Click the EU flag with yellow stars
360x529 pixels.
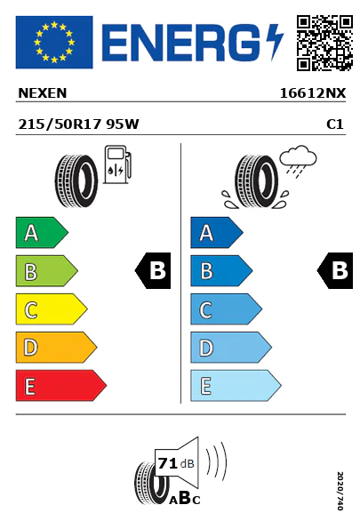tap(54, 42)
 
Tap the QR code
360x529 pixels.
tap(324, 43)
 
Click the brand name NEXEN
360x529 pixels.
tap(43, 93)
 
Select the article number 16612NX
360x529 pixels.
tap(313, 93)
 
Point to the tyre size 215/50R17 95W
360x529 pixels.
tap(78, 124)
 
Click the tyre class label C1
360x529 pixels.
tap(335, 124)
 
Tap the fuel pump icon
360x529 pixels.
tap(117, 164)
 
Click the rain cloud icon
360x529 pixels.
tap(298, 161)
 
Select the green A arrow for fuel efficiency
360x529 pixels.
tap(42, 232)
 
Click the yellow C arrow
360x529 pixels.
tap(52, 309)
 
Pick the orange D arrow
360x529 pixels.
tap(56, 348)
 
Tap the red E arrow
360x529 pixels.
tap(60, 386)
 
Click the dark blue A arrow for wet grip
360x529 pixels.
tap(217, 232)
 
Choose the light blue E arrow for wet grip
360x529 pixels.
tap(236, 386)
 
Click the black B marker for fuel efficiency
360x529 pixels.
tap(153, 270)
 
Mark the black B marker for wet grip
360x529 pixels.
tap(335, 270)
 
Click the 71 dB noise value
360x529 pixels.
tap(176, 463)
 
